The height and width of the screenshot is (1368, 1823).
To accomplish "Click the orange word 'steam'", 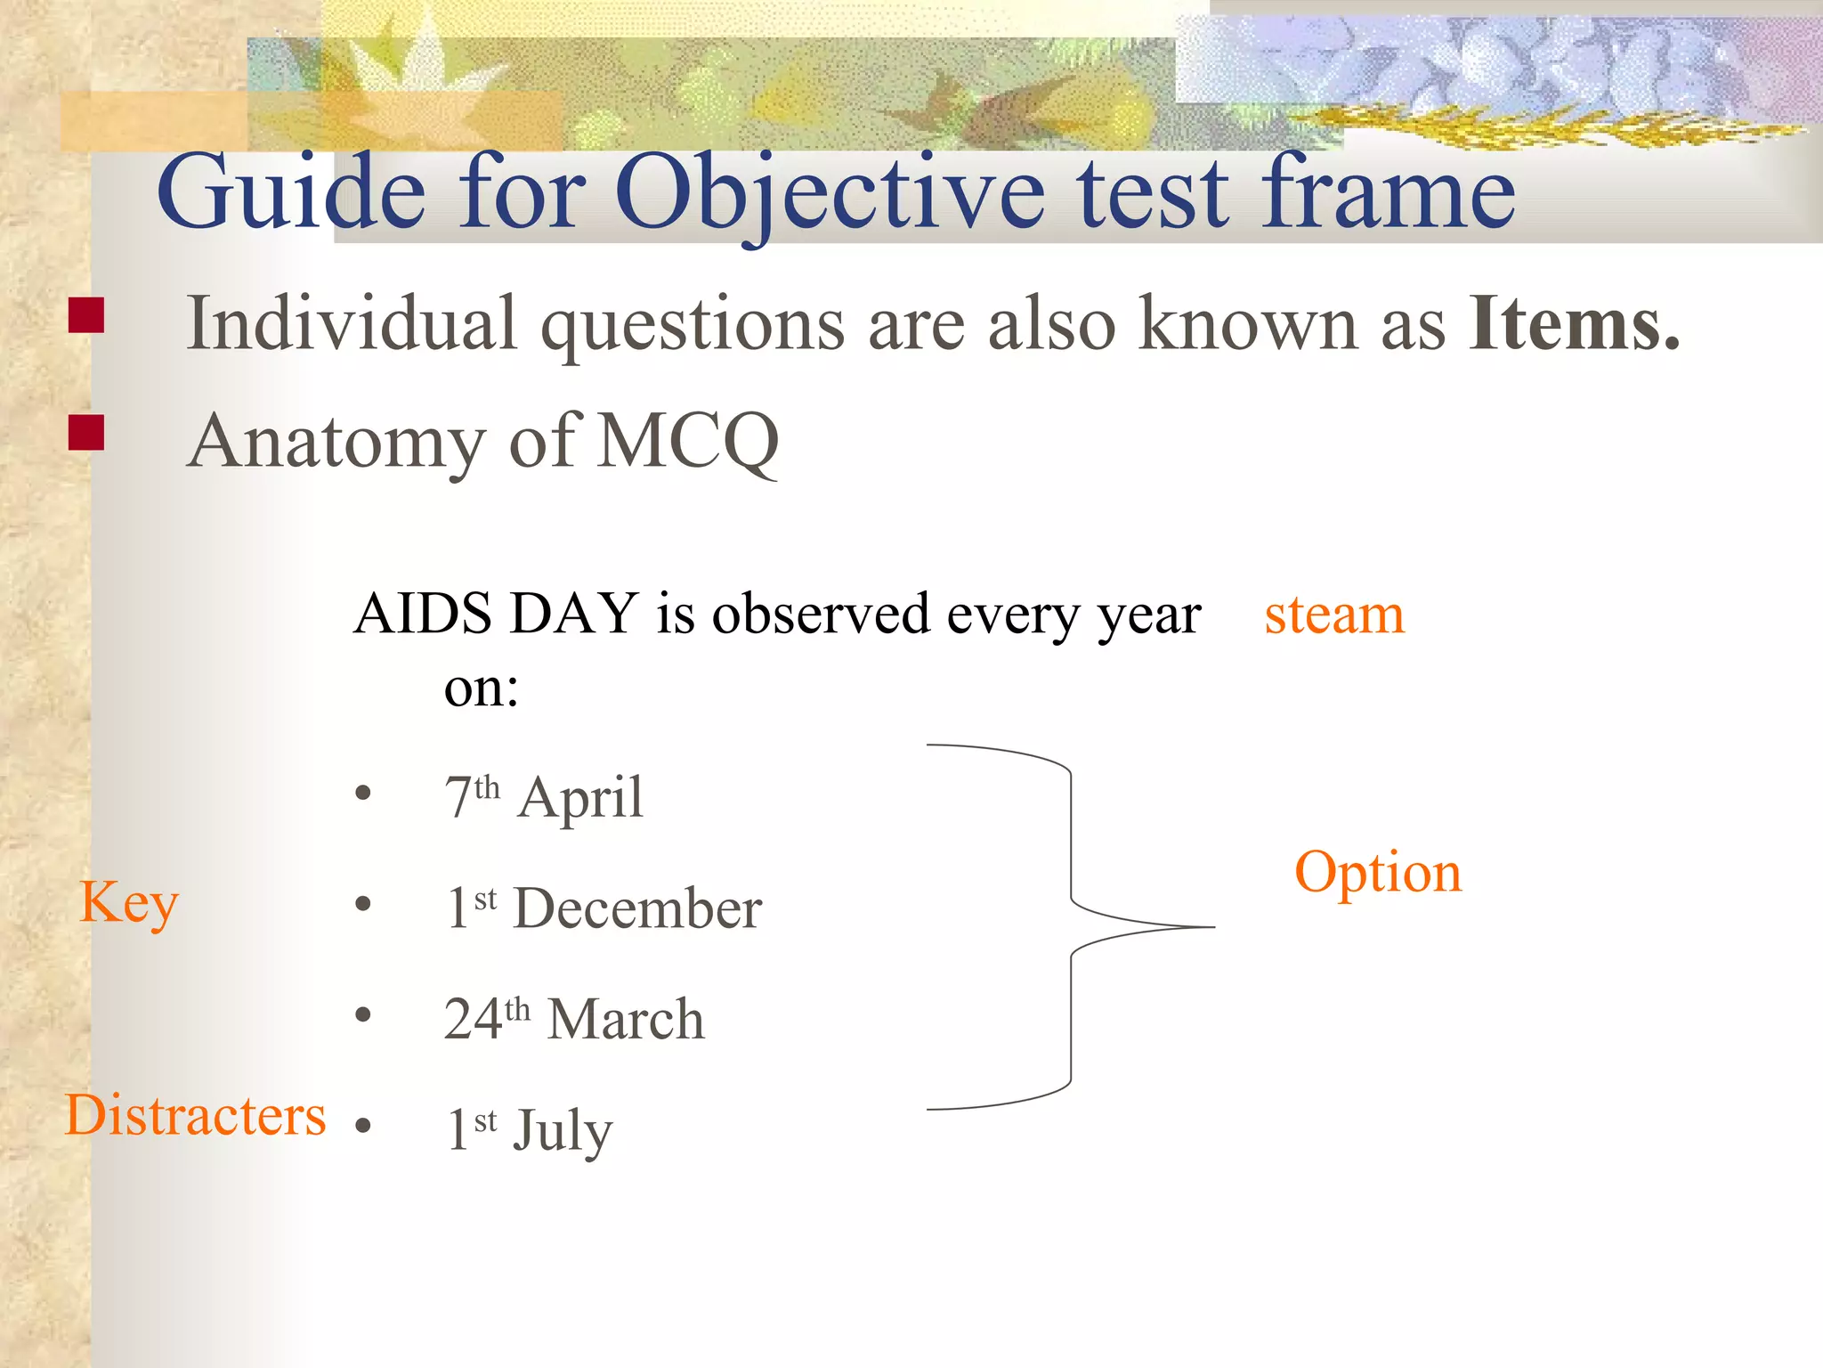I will click(1333, 615).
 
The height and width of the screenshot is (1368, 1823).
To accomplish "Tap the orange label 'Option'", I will click(1377, 874).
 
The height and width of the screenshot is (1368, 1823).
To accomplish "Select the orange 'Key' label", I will click(129, 903).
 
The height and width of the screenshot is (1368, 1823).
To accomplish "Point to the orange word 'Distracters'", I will click(196, 1115).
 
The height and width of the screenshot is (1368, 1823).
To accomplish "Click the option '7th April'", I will click(543, 797).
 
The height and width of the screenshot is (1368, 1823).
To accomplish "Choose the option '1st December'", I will click(604, 908).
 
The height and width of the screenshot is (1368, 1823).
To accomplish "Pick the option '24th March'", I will click(574, 1019).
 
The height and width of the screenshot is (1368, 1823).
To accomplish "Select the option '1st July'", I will click(529, 1129).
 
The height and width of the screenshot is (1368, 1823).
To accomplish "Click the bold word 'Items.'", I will click(1574, 323).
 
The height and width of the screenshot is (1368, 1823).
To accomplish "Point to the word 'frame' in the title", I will click(1389, 191).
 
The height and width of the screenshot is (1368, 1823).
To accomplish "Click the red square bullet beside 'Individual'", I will click(86, 315).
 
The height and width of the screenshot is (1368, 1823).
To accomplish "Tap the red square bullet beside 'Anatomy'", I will click(86, 433).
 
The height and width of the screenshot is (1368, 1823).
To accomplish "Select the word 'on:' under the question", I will click(481, 688).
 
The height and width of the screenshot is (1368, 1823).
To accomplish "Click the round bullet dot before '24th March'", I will click(362, 1015).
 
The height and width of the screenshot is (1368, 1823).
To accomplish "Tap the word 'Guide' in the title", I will click(291, 191).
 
